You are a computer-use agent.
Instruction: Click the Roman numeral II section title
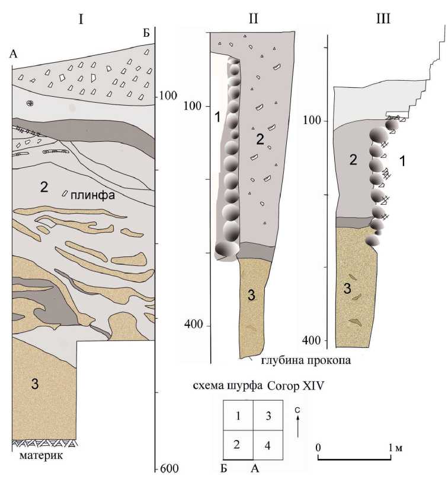click(251, 18)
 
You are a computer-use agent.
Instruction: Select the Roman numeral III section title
click(384, 18)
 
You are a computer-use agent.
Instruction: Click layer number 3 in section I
click(36, 385)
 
